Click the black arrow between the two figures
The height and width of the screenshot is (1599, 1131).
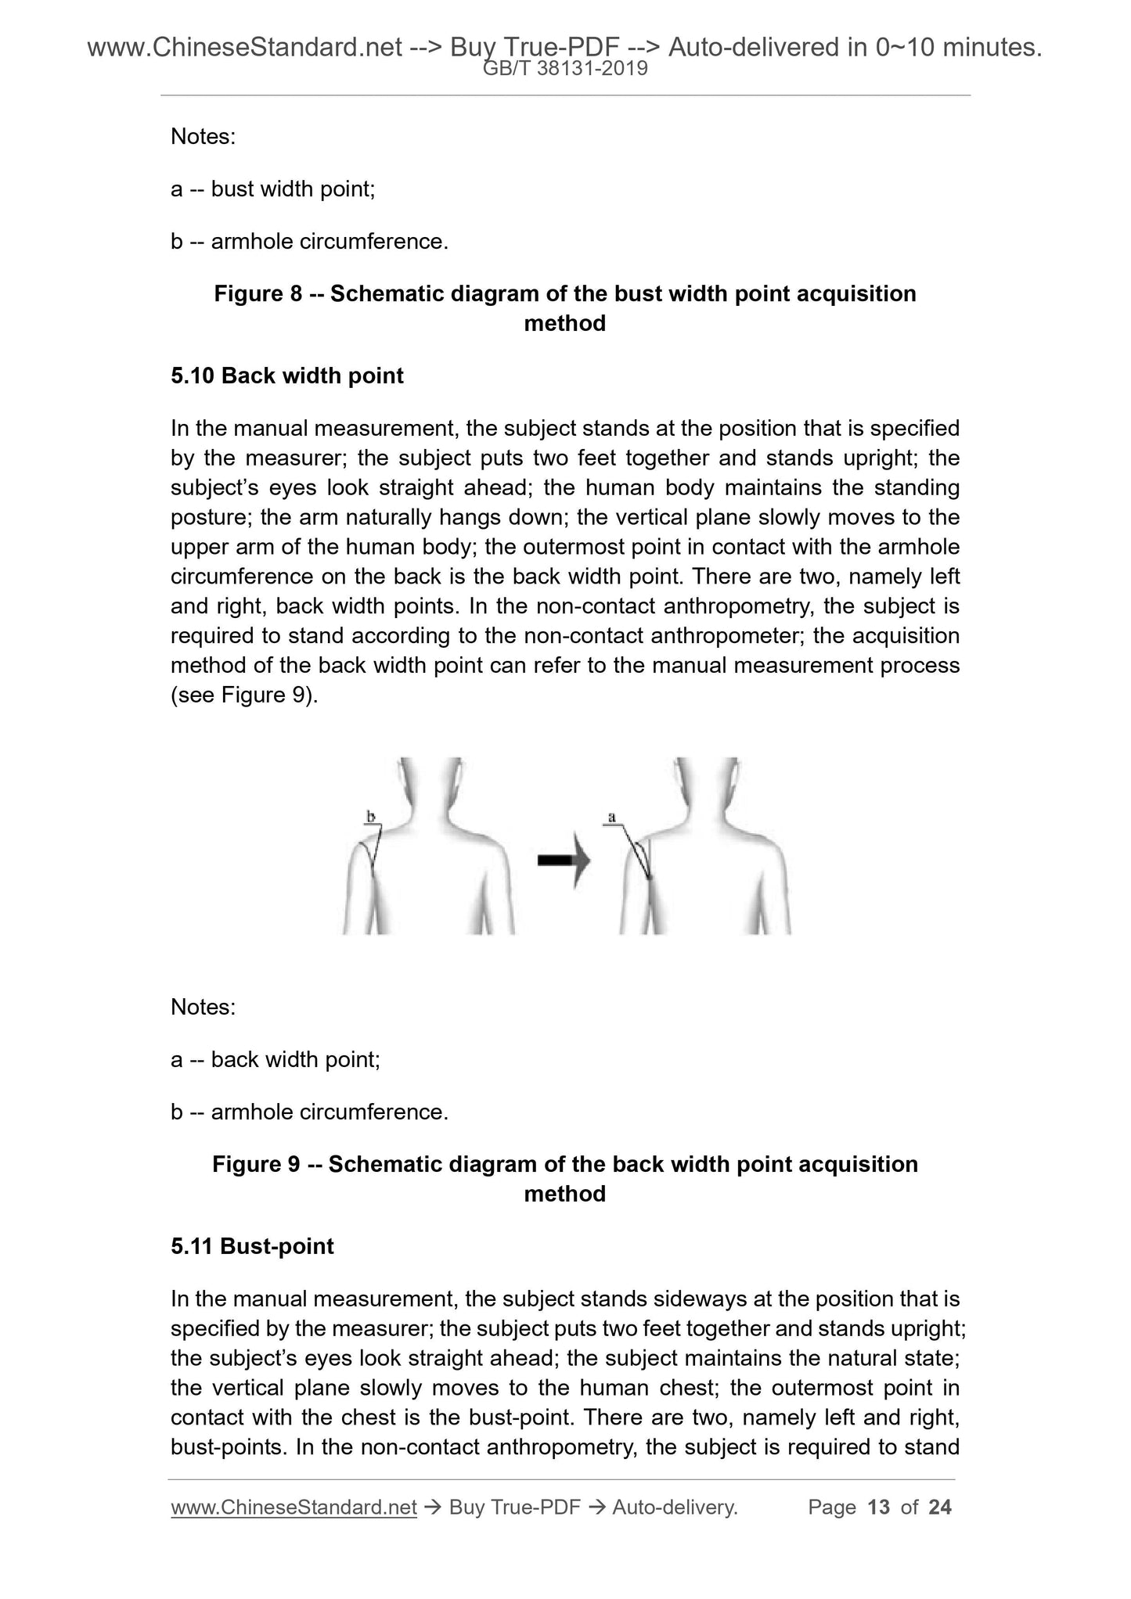tap(563, 860)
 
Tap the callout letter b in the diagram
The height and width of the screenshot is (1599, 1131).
tap(371, 817)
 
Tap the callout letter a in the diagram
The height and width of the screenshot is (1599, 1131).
tap(612, 817)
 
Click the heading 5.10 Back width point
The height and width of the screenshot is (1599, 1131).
tap(286, 375)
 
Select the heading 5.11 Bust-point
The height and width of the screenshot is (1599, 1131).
tap(252, 1246)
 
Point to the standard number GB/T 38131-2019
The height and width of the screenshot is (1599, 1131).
tap(565, 69)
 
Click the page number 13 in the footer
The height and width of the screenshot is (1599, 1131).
tap(879, 1507)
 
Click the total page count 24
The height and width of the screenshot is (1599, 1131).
tap(939, 1507)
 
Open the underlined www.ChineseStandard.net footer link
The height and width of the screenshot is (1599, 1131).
tap(294, 1507)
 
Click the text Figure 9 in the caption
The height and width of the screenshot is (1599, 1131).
tap(257, 1164)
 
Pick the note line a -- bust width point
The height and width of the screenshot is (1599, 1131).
tap(273, 189)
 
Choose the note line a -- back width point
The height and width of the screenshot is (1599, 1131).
tap(276, 1059)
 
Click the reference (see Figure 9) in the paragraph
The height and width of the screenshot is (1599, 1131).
tap(244, 695)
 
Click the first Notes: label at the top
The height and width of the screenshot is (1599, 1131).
tap(203, 136)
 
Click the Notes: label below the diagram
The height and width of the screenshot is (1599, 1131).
tap(203, 1007)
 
